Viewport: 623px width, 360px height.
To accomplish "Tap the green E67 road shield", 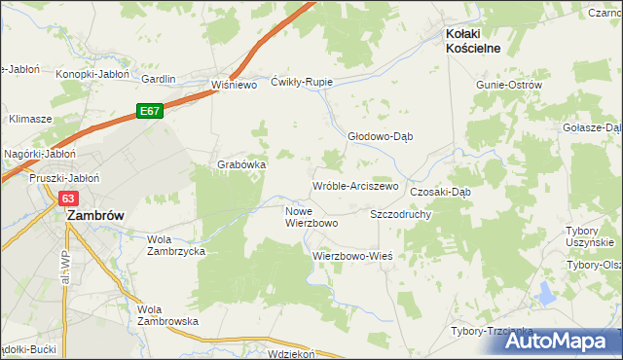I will (149, 112).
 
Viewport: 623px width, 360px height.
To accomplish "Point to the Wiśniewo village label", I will (233, 85).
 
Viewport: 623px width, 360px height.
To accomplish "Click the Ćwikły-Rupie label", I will (303, 82).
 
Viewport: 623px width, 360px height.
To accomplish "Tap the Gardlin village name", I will (158, 79).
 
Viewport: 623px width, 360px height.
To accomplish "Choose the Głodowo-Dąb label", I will (381, 136).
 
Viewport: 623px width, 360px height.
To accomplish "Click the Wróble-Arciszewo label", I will (355, 185).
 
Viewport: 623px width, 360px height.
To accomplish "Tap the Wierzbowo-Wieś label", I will (351, 256).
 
